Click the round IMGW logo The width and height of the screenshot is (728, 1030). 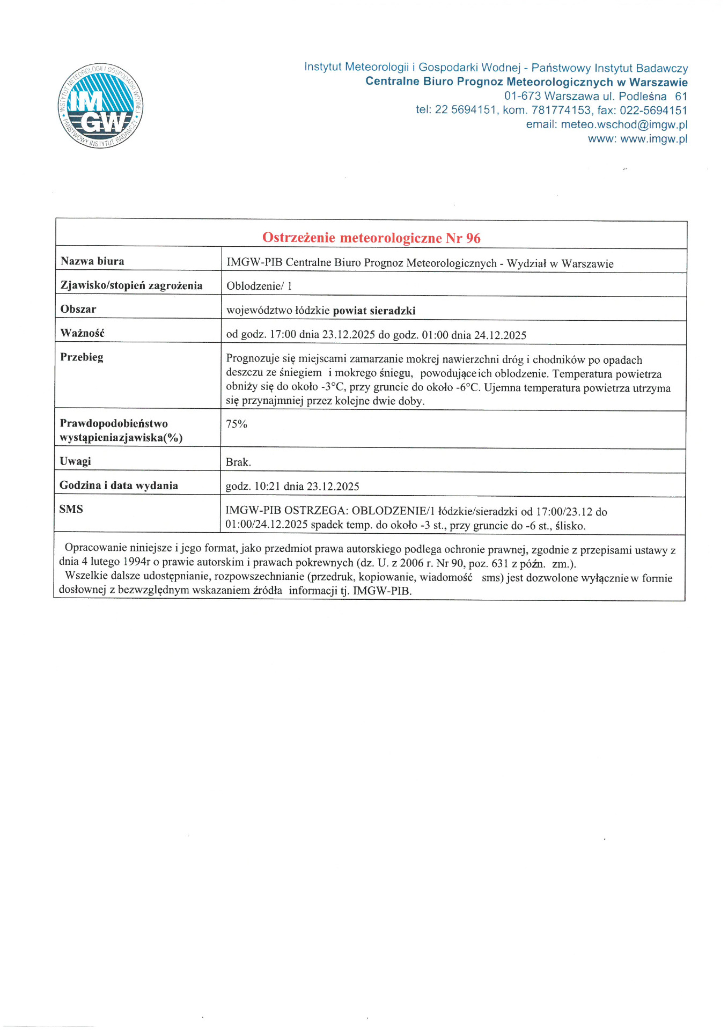pos(100,106)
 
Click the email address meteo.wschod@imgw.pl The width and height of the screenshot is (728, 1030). pos(624,124)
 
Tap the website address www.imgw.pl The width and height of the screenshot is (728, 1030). pos(653,139)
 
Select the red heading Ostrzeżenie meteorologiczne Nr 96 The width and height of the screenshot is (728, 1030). pos(371,238)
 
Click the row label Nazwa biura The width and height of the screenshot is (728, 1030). pos(92,261)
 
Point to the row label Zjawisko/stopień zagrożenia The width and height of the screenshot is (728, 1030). pos(131,285)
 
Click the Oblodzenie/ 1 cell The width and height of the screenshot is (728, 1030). pos(259,286)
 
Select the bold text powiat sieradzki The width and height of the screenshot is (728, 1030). pos(374,311)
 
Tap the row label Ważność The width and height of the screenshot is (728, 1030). pos(82,333)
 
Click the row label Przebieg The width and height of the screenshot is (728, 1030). pos(82,357)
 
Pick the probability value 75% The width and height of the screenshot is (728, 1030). pos(237,424)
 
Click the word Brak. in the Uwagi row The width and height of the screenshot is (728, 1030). pos(238,462)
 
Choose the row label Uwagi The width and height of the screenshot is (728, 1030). pos(75,461)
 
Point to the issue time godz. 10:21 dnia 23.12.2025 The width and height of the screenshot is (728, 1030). pos(292,487)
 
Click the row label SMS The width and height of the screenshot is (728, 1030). pos(71,509)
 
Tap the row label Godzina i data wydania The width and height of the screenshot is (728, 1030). pos(119,485)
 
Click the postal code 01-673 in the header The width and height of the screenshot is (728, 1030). pos(522,97)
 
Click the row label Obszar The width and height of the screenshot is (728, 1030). pos(78,310)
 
